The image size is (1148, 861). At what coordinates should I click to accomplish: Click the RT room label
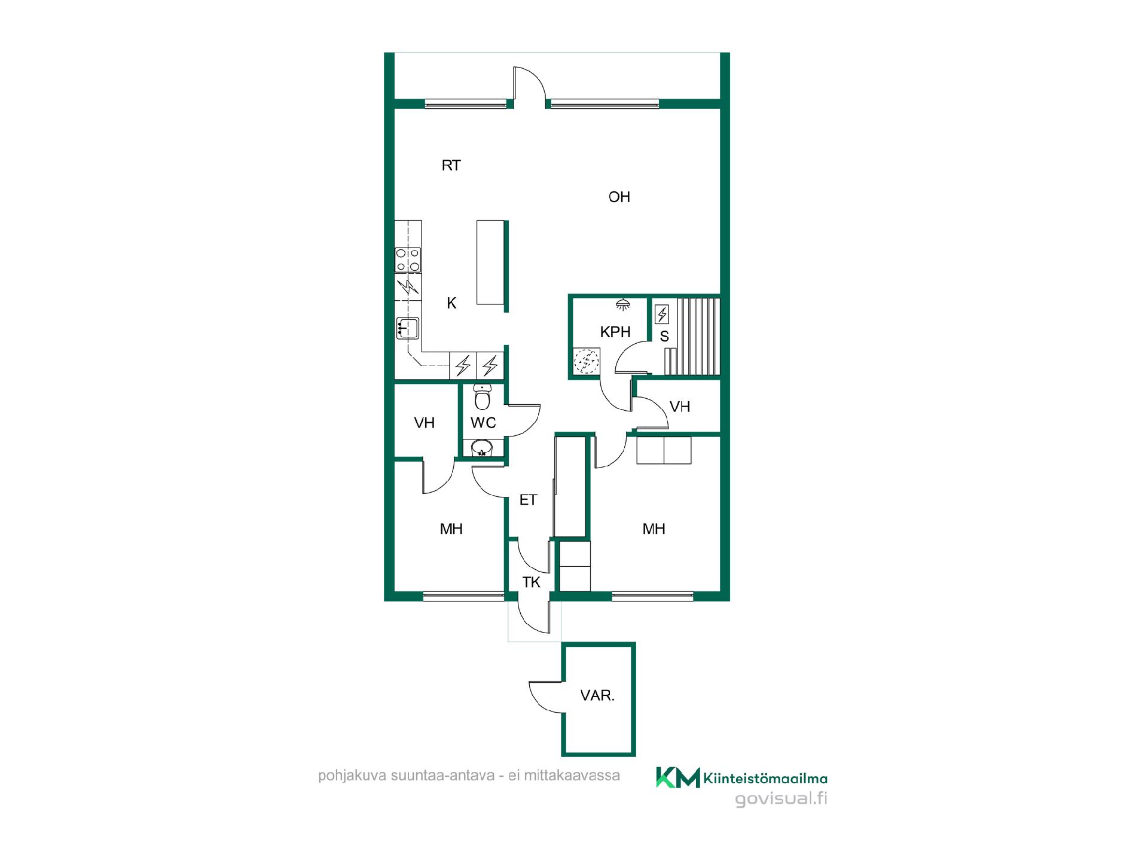point(451,166)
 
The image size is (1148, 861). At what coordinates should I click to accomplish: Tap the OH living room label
point(619,197)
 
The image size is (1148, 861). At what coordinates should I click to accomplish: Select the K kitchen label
point(451,304)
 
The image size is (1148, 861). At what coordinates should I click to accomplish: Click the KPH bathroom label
point(615,332)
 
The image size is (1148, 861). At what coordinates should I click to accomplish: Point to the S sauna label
point(664,337)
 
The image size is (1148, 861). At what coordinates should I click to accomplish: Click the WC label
point(483,423)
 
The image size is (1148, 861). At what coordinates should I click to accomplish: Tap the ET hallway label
point(528,500)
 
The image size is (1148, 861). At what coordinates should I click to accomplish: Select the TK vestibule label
point(531,582)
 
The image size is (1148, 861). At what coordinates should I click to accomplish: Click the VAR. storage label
point(597,696)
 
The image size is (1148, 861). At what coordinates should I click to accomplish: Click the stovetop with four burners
point(408,261)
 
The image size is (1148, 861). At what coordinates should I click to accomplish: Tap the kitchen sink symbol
point(408,328)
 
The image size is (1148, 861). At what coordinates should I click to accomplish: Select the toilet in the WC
point(482,396)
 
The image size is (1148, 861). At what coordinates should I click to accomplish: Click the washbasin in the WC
point(481,448)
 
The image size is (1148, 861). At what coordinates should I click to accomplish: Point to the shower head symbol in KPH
point(623,304)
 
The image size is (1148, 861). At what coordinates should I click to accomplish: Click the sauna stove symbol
point(662,314)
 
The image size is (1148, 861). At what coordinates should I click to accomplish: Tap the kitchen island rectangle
point(491,262)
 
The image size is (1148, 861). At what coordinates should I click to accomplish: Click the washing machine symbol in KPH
point(587,361)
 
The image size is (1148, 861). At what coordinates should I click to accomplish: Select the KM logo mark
point(678,777)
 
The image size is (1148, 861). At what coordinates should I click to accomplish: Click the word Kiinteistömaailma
point(766,778)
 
